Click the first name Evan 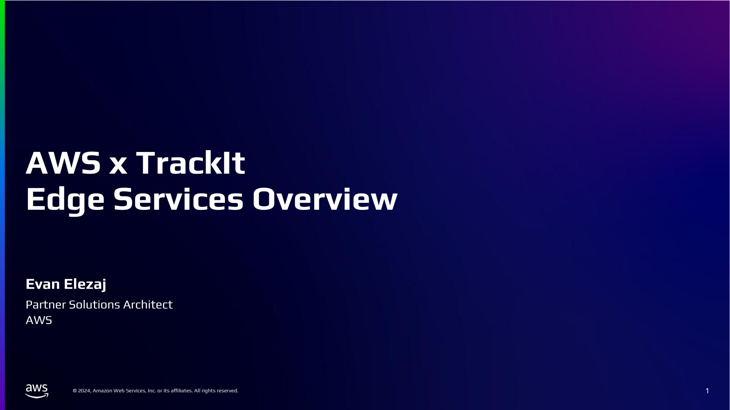point(43,284)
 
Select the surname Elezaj point(85,284)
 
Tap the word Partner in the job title point(46,305)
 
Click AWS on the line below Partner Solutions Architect point(39,320)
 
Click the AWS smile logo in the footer point(37,391)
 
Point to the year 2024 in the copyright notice point(84,391)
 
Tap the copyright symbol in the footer point(75,391)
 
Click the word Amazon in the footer point(102,391)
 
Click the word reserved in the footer point(227,391)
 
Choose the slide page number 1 point(707,391)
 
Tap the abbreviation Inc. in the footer point(152,391)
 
